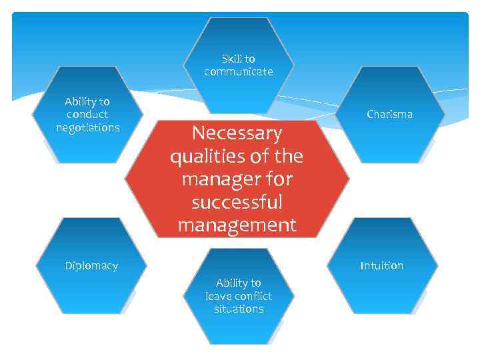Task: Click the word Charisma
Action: coord(389,114)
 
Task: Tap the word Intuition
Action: coord(381,265)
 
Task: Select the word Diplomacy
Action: coord(91,265)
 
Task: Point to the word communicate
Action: coord(239,71)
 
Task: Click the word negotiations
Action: coord(88,127)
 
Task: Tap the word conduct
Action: coord(87,115)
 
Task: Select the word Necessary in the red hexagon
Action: coord(237,133)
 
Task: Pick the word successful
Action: coord(237,202)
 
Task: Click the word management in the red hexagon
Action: coord(237,225)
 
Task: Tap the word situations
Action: coord(239,309)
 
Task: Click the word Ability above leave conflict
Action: coord(232,283)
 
